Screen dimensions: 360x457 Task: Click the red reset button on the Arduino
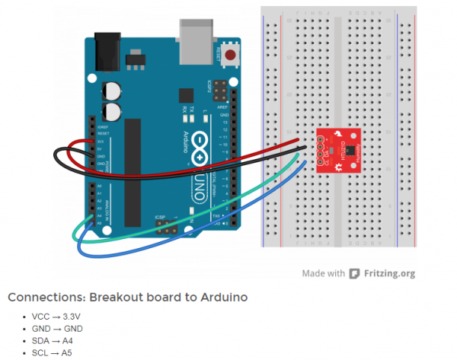230,55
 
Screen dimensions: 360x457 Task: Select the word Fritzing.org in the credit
390,272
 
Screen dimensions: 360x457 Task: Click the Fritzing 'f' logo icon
354,272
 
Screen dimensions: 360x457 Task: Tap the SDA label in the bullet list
41,341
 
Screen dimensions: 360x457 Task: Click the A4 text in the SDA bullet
69,341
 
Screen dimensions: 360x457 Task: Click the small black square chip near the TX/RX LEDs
185,94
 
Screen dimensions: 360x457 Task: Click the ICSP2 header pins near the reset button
220,91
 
